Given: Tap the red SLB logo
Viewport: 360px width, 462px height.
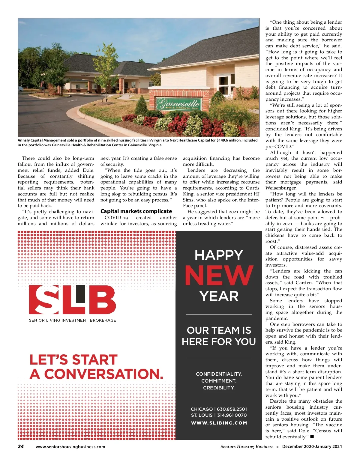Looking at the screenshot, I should pyautogui.click(x=72, y=300).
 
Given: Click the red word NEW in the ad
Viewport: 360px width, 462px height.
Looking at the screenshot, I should pyautogui.click(x=219, y=276).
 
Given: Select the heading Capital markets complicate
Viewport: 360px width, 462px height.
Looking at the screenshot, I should pyautogui.click(x=136, y=211).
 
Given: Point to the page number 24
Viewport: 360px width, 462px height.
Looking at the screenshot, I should pyautogui.click(x=21, y=446).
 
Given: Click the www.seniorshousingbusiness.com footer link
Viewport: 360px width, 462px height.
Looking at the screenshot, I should pyautogui.click(x=70, y=447).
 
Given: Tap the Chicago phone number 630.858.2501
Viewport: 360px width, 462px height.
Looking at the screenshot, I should pyautogui.click(x=232, y=409).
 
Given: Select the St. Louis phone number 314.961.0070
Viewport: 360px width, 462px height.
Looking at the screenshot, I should pyautogui.click(x=232, y=415).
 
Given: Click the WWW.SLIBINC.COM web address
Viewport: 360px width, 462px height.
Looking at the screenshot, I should pyautogui.click(x=219, y=423).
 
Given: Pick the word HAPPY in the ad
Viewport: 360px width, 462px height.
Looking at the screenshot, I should pyautogui.click(x=219, y=255).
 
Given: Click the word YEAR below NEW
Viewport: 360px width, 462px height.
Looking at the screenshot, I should pyautogui.click(x=219, y=296).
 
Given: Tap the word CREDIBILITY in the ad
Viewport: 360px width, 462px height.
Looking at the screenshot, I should pyautogui.click(x=219, y=388).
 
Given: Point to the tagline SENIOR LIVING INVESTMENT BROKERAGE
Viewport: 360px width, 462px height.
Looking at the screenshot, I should pyautogui.click(x=72, y=320).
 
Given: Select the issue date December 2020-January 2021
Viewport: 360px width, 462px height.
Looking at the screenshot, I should pyautogui.click(x=312, y=446).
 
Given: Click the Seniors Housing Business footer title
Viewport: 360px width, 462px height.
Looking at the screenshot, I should pyautogui.click(x=247, y=446).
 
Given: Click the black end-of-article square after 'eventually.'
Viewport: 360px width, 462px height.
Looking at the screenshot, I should pyautogui.click(x=312, y=437).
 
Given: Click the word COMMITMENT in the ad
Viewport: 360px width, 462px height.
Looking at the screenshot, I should pyautogui.click(x=219, y=381).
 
